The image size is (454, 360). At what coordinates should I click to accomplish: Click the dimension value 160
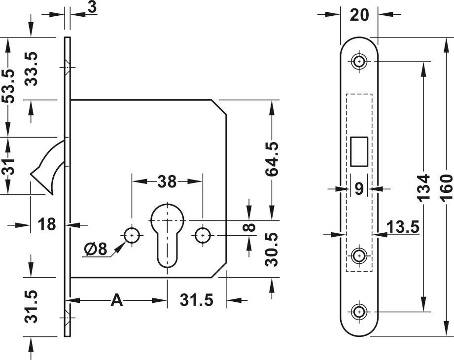tap(446, 186)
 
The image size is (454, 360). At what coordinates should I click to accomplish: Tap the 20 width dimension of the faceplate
tap(359, 15)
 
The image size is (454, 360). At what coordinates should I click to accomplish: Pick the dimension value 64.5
tap(271, 159)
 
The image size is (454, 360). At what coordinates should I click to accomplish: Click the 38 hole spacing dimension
tap(167, 181)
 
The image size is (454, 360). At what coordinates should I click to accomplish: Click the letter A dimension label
tap(116, 300)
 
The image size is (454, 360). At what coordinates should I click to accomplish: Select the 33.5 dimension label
tap(32, 69)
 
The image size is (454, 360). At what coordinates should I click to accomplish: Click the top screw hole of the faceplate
tap(358, 62)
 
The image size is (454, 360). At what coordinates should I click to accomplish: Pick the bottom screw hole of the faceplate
tap(358, 311)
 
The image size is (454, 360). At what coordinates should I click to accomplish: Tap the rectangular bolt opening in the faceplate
tap(358, 151)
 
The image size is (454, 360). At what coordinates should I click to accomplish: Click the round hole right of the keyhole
tap(202, 235)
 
